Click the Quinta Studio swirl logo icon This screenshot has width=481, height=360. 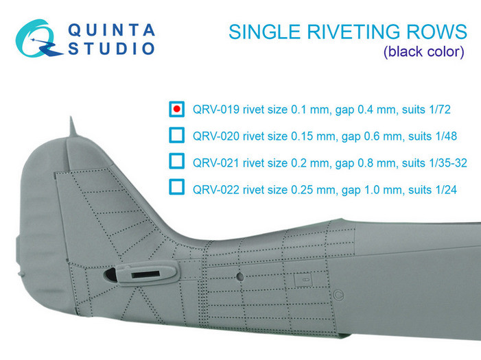pos(38,39)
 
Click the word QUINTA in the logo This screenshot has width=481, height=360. pos(111,30)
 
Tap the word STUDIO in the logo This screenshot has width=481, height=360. pos(111,49)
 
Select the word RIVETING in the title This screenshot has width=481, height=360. pos(353,32)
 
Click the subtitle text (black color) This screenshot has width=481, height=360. pos(423,52)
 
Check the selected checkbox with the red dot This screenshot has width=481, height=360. pos(177,109)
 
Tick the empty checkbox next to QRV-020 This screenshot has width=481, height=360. pos(177,135)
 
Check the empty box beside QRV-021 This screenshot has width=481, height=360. pos(177,161)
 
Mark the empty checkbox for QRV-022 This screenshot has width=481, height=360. pos(177,187)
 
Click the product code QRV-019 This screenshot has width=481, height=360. pos(216,110)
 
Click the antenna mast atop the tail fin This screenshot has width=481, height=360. pos(72,126)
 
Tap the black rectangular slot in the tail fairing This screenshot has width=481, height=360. pos(145,275)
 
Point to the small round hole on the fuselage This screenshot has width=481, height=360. pos(241,276)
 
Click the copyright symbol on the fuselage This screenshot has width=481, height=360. pos(338,295)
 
